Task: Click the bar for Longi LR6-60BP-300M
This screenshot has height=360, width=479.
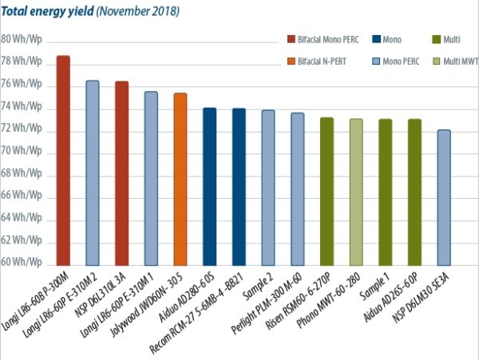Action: point(63,160)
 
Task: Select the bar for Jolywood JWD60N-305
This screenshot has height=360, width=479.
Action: point(180,179)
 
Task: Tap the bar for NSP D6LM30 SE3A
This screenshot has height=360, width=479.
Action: point(444,197)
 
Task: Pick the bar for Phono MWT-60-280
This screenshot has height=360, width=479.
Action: point(356,192)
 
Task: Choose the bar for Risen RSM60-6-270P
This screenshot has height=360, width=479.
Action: point(327,191)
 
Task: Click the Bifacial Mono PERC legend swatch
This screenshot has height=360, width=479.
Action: point(291,38)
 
